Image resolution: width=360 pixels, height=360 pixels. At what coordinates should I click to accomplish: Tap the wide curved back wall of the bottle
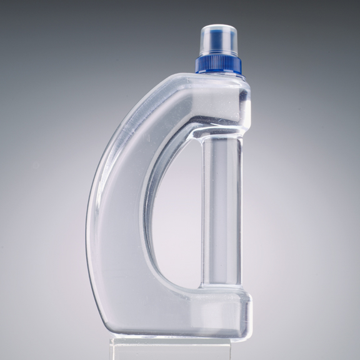[x=116, y=219]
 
